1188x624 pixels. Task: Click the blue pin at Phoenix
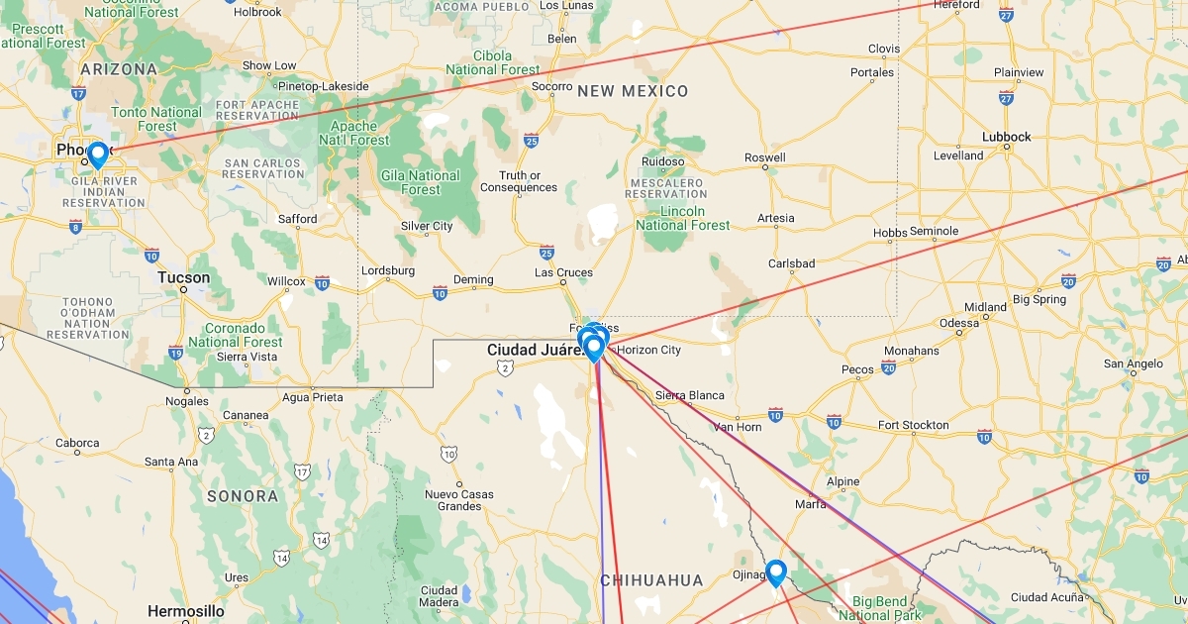tap(97, 155)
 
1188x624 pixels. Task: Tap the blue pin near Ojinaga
tap(776, 572)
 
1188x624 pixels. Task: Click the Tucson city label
tap(184, 277)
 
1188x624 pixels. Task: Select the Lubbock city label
tap(1007, 138)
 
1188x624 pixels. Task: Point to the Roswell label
tap(764, 157)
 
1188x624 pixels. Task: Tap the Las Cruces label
tap(563, 272)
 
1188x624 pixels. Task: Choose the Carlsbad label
tap(792, 263)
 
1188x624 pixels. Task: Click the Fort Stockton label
tap(913, 425)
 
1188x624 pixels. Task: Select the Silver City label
tap(427, 226)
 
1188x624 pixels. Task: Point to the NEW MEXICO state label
tap(633, 91)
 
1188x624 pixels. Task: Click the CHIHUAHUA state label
tap(651, 580)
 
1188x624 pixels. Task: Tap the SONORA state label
tap(243, 495)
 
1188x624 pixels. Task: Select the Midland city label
tap(985, 307)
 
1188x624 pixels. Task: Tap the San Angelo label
tap(1133, 364)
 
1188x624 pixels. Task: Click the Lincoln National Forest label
tap(683, 218)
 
